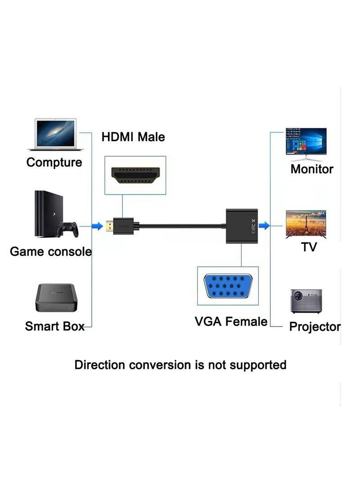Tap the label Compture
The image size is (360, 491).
tap(54, 162)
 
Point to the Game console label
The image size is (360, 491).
tap(50, 251)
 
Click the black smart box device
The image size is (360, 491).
tap(55, 298)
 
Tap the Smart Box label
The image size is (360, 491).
tap(54, 326)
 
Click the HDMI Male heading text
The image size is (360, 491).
tap(133, 137)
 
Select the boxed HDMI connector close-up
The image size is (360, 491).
tap(135, 175)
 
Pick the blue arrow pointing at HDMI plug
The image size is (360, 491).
tap(97, 226)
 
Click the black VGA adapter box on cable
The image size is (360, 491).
tap(241, 225)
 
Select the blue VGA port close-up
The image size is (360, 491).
tap(228, 286)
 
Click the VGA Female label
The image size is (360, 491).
tap(231, 321)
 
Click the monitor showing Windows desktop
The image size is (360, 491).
tap(306, 143)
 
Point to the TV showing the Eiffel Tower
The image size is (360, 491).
tap(306, 223)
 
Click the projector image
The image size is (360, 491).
tap(306, 300)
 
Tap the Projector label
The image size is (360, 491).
tap(315, 327)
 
